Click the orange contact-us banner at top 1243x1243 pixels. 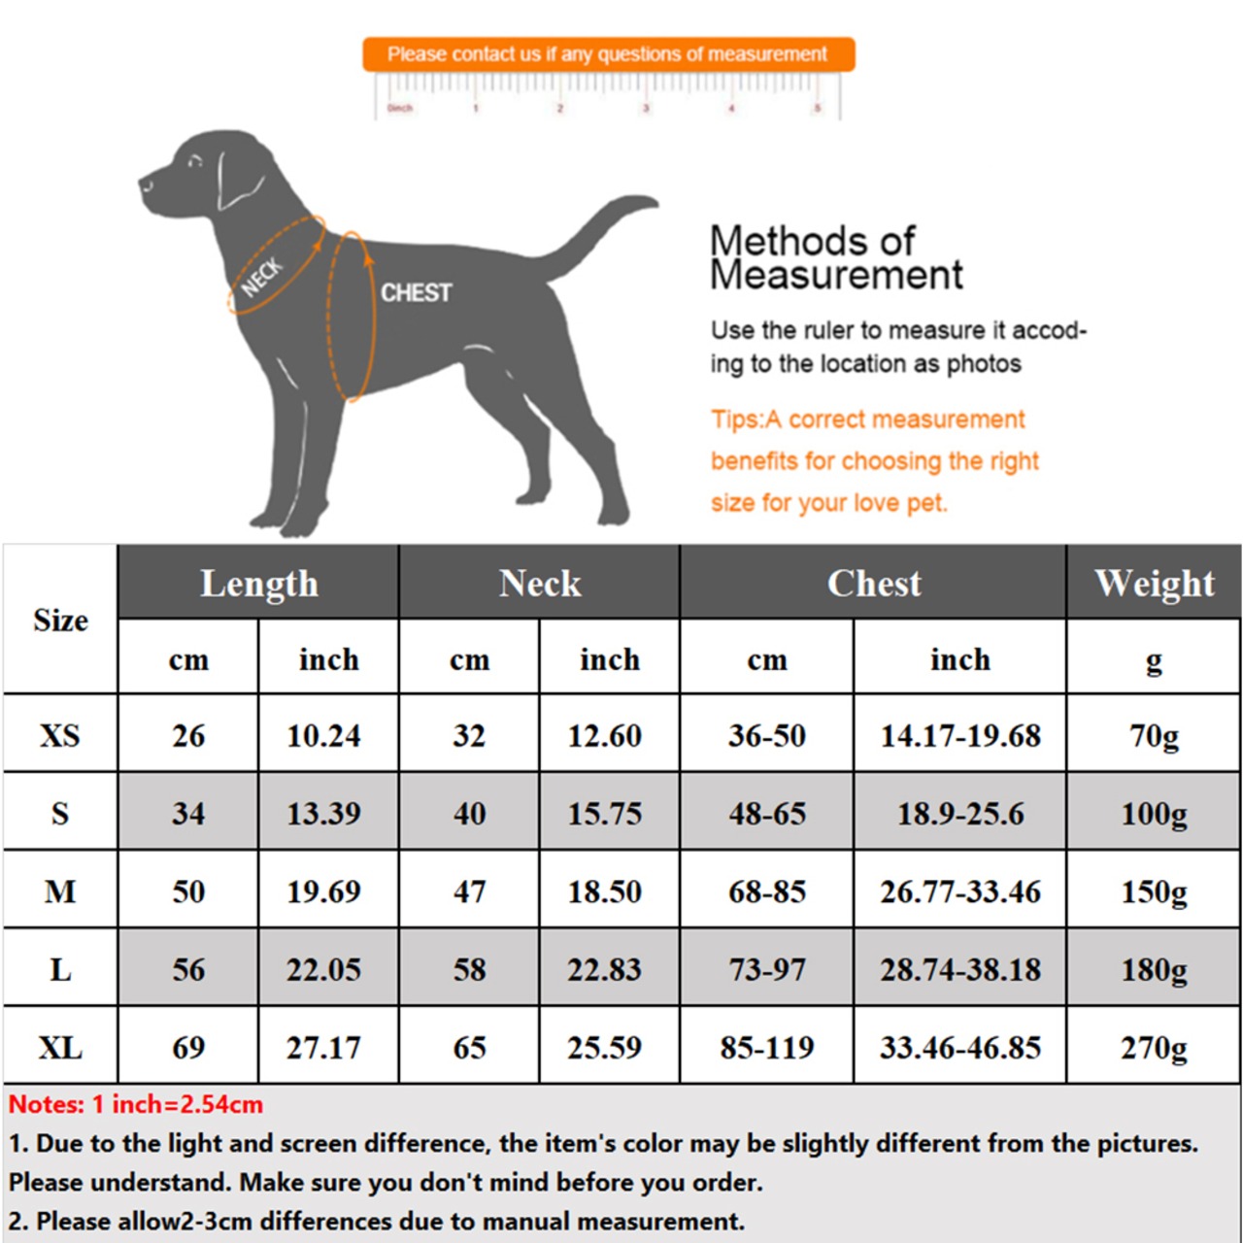[608, 54]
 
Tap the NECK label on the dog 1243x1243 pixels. [261, 277]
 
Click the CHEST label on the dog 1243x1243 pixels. [416, 292]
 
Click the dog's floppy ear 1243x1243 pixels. [238, 180]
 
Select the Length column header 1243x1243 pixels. [258, 583]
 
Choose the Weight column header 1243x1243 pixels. [1154, 583]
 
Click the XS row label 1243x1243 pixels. [60, 735]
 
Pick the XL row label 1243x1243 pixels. [60, 1047]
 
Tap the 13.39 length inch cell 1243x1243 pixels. [323, 813]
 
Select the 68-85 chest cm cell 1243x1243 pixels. [767, 891]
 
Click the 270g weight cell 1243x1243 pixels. [1154, 1047]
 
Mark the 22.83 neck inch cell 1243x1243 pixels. [605, 969]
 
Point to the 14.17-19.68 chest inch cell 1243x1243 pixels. [960, 735]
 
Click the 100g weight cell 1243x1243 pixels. [1154, 813]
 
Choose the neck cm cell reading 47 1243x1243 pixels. [469, 891]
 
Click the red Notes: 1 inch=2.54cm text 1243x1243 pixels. [136, 1104]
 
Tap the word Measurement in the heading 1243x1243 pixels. [836, 275]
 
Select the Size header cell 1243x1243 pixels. [60, 620]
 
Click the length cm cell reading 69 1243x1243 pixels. [188, 1047]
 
